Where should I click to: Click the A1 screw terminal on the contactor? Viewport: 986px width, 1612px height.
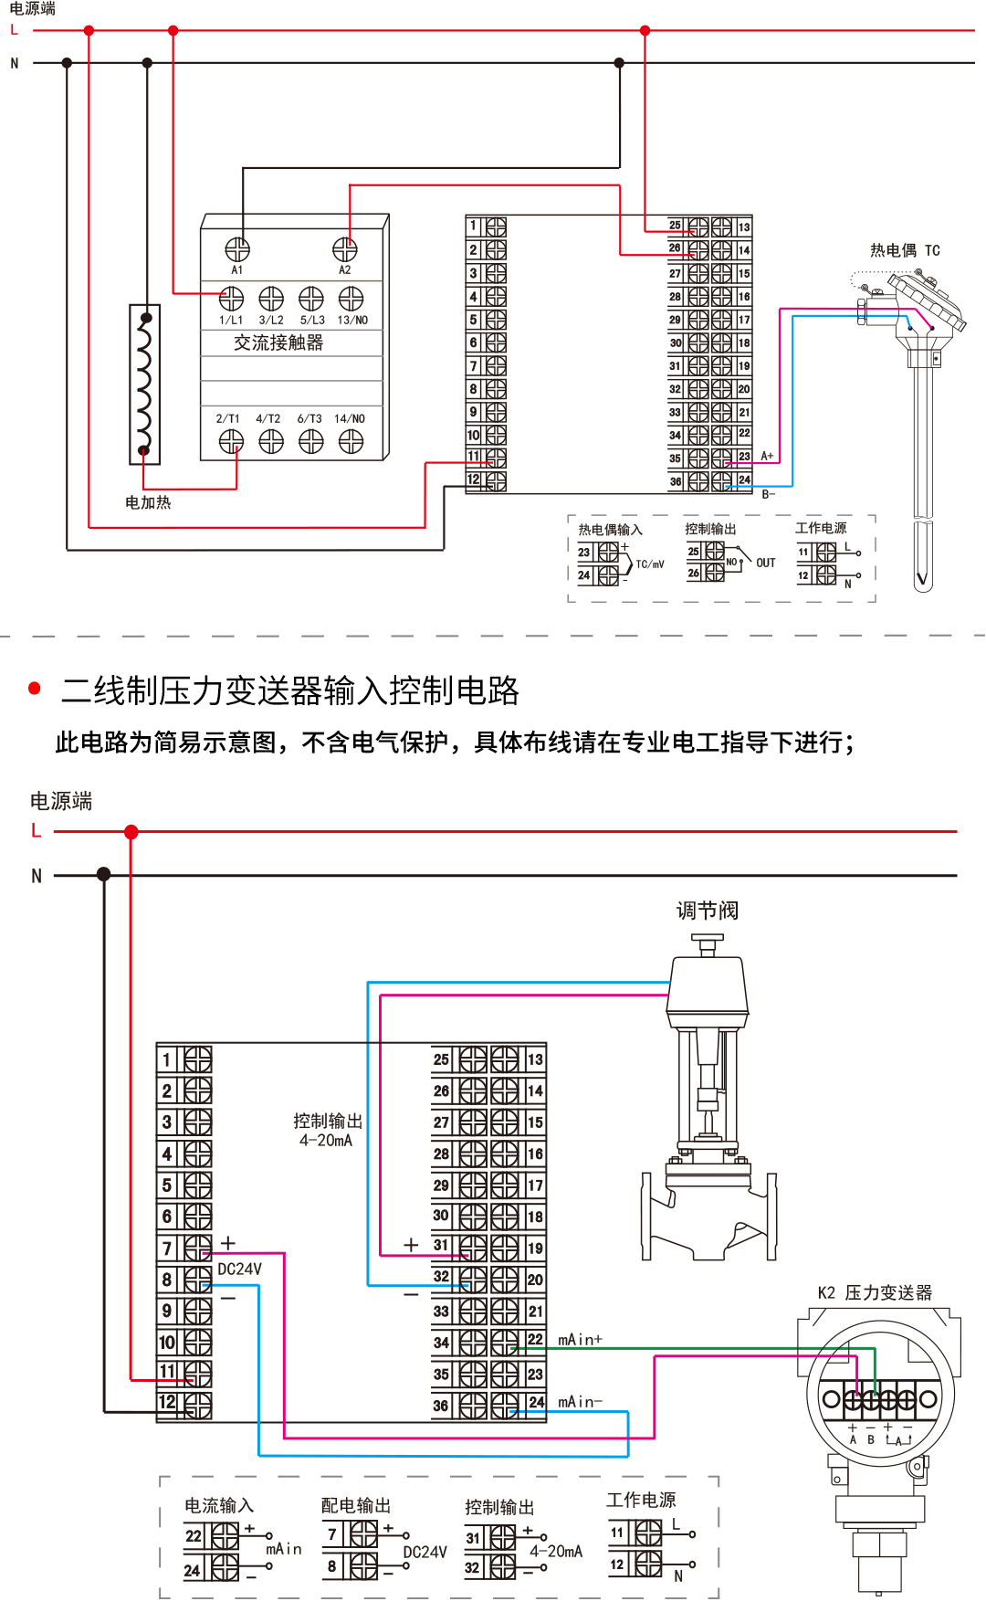237,248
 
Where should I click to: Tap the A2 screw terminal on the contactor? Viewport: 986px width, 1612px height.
344,248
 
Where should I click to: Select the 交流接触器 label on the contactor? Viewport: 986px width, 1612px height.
278,342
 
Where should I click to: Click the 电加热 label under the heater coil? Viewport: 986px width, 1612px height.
148,502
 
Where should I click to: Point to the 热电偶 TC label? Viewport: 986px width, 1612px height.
904,250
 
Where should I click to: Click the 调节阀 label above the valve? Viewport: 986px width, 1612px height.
707,911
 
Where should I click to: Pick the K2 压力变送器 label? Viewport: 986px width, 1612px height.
875,1292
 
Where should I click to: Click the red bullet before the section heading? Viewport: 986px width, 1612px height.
35,689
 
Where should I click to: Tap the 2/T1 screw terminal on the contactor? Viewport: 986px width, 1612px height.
231,442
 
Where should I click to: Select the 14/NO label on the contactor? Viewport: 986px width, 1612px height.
350,419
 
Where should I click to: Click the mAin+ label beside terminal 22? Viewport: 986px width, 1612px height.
580,1340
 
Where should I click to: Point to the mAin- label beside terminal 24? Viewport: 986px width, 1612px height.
580,1402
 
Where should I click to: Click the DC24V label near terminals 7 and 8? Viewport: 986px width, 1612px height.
239,1270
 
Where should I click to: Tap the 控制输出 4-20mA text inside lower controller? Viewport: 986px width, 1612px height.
327,1130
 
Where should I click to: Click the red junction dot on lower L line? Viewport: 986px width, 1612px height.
131,832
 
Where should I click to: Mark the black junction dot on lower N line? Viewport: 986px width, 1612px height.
104,875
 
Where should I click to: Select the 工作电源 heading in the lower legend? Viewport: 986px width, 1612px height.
641,1500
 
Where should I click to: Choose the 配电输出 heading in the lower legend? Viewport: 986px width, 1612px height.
355,1505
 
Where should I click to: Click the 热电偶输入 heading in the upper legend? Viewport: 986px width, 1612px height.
610,530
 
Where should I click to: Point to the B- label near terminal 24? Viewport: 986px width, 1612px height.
768,494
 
